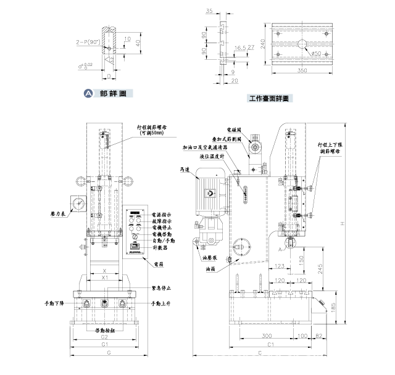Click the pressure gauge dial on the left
(78, 203)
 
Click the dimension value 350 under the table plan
(302, 72)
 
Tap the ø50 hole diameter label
(315, 54)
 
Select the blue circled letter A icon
(88, 94)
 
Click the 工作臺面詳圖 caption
(268, 97)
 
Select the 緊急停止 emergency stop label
(162, 288)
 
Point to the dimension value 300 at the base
(266, 336)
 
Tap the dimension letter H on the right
(349, 223)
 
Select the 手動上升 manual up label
(164, 304)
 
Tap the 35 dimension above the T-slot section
(210, 11)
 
